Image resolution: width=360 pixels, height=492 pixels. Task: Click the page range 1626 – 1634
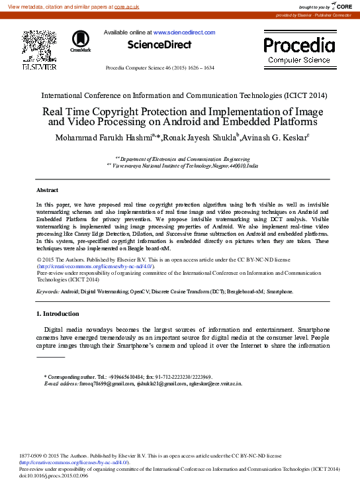199,68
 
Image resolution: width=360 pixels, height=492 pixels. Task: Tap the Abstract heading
47,189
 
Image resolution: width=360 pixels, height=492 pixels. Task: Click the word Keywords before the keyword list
48,291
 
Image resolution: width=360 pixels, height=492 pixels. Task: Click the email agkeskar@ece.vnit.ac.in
215,383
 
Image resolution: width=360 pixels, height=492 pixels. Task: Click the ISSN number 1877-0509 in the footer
32,456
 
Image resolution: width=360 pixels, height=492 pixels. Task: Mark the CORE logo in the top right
340,6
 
